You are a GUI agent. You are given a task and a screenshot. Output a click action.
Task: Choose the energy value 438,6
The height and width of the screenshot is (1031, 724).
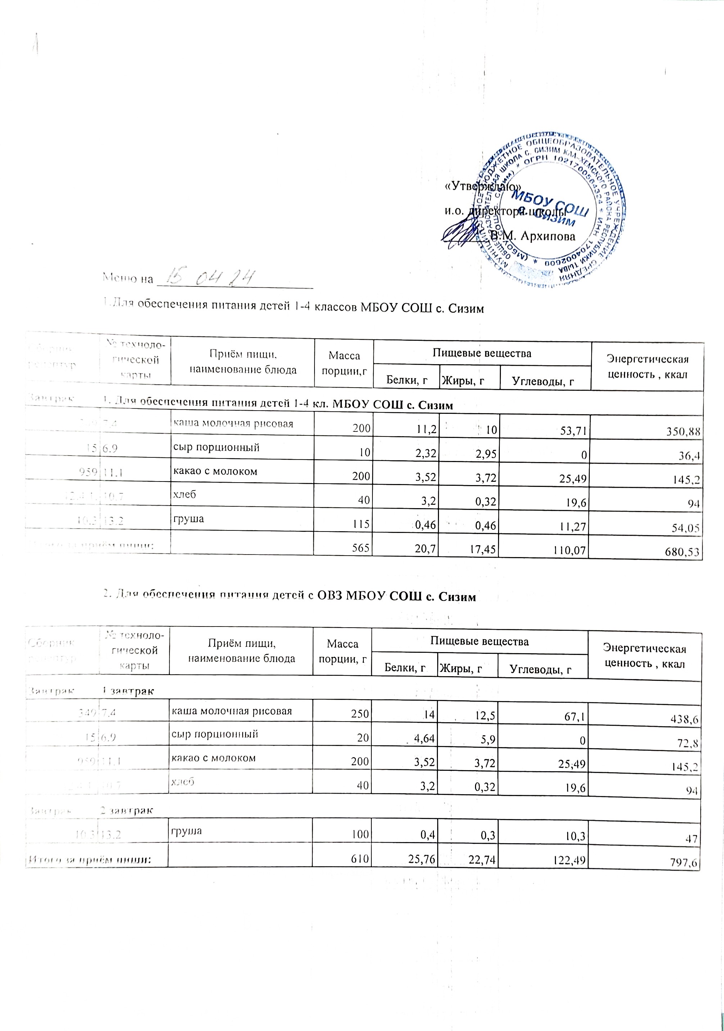click(686, 719)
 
